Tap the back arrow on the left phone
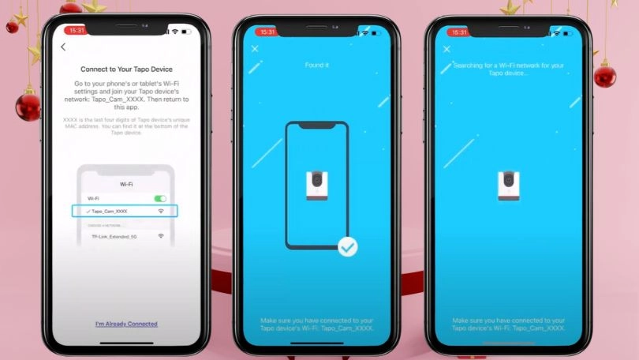[63, 47]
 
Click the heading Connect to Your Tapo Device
[126, 69]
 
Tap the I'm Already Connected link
[126, 324]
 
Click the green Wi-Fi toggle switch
[161, 199]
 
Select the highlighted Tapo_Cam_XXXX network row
[125, 212]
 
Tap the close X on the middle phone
[255, 49]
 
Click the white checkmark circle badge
[347, 247]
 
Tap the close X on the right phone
[447, 49]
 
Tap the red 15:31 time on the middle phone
[267, 32]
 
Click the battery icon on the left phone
[186, 32]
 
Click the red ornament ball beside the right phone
[605, 76]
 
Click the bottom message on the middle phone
[316, 324]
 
